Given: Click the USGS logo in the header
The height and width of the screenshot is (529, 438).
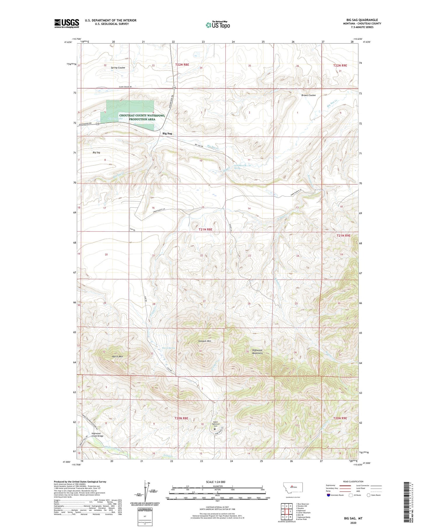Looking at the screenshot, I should pyautogui.click(x=67, y=23).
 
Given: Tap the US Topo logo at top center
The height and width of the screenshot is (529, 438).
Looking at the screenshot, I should pyautogui.click(x=218, y=25).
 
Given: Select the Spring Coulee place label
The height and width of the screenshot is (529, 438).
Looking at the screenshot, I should pyautogui.click(x=118, y=68).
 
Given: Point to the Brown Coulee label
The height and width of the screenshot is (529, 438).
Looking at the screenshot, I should pyautogui.click(x=308, y=95).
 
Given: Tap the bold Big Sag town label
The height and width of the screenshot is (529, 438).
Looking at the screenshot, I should pyautogui.click(x=167, y=133).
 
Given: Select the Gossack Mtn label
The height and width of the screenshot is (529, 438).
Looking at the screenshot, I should pyautogui.click(x=204, y=341).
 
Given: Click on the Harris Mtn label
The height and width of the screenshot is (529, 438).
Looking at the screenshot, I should pyautogui.click(x=117, y=357).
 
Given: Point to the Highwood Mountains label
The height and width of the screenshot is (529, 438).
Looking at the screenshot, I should pyautogui.click(x=257, y=352).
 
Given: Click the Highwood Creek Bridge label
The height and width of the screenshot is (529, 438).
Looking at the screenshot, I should pyautogui.click(x=97, y=435).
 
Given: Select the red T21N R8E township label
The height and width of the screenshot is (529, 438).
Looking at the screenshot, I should pyautogui.click(x=205, y=230).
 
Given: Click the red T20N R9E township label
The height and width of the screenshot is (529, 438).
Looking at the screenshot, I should pyautogui.click(x=340, y=418).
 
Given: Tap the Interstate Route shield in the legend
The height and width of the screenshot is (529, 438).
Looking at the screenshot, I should pyautogui.click(x=328, y=495).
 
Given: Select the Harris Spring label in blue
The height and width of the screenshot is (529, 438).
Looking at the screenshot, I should pyautogui.click(x=168, y=348).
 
